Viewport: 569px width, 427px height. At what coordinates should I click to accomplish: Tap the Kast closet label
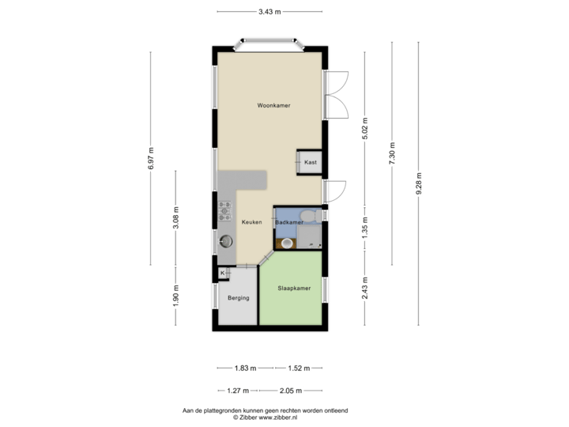tap(310, 162)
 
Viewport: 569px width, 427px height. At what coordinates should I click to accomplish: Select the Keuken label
tap(251, 222)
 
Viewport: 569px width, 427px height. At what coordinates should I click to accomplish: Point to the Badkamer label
tap(289, 223)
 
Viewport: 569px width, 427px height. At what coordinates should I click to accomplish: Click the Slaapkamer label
tap(293, 288)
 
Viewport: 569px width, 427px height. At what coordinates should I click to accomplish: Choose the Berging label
tap(239, 298)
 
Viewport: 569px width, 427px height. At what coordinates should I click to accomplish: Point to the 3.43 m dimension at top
tap(269, 12)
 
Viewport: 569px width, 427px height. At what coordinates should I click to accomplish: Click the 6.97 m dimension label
tap(150, 153)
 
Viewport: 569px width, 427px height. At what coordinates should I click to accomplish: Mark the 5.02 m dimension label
tap(365, 127)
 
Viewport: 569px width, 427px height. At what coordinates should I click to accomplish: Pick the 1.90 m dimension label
tap(177, 297)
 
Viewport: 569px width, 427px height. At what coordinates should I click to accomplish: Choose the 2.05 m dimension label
tap(290, 390)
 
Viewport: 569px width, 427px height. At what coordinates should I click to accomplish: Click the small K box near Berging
tap(223, 273)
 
